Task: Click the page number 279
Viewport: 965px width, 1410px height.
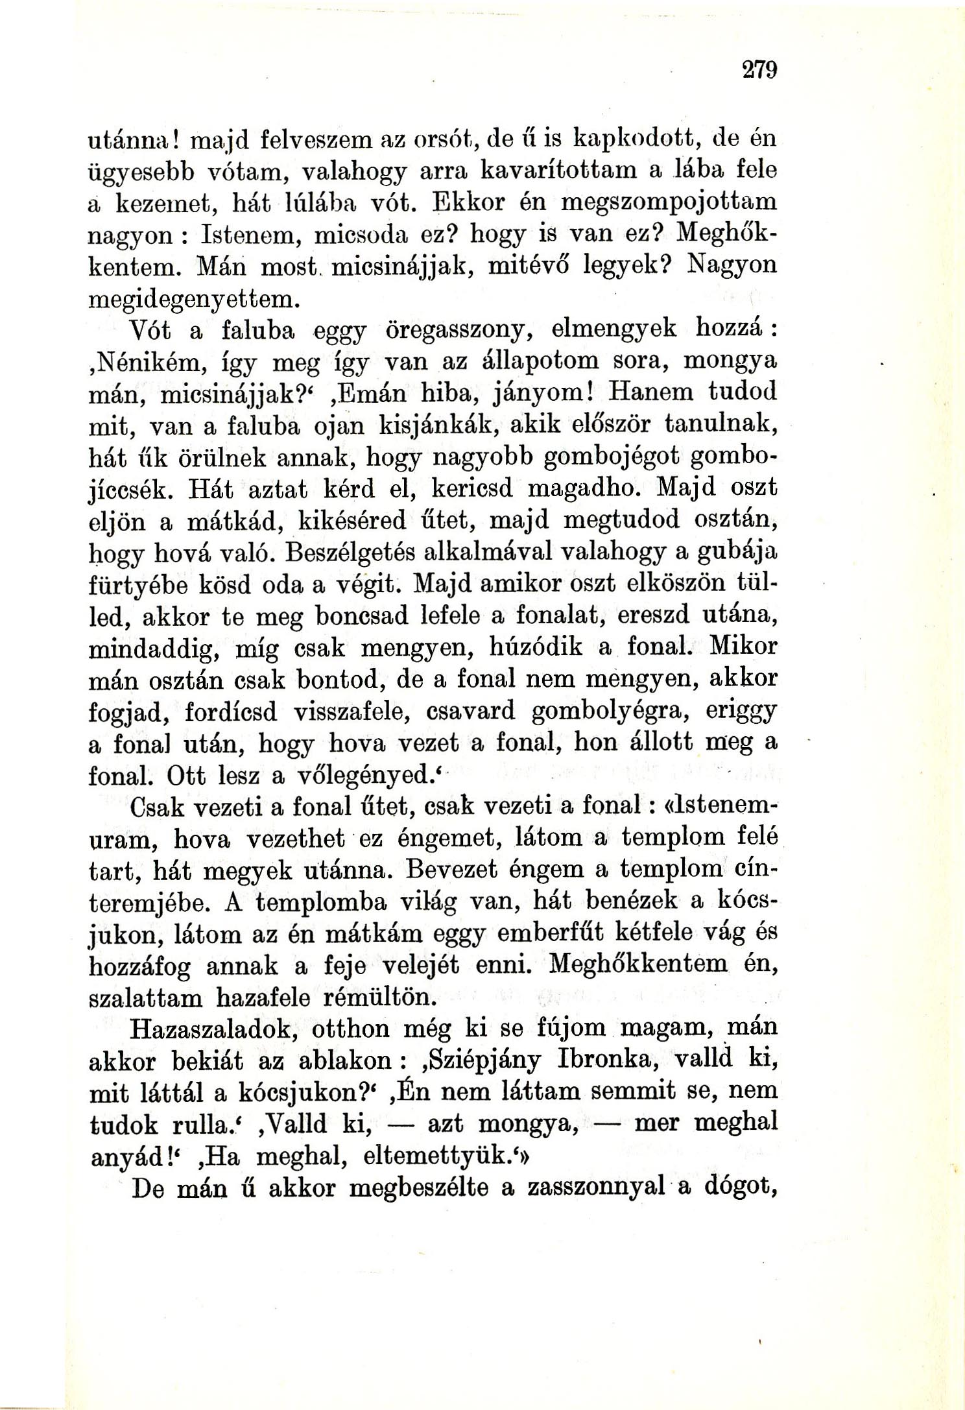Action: tap(759, 69)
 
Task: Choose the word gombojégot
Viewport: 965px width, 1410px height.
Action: tap(610, 457)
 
